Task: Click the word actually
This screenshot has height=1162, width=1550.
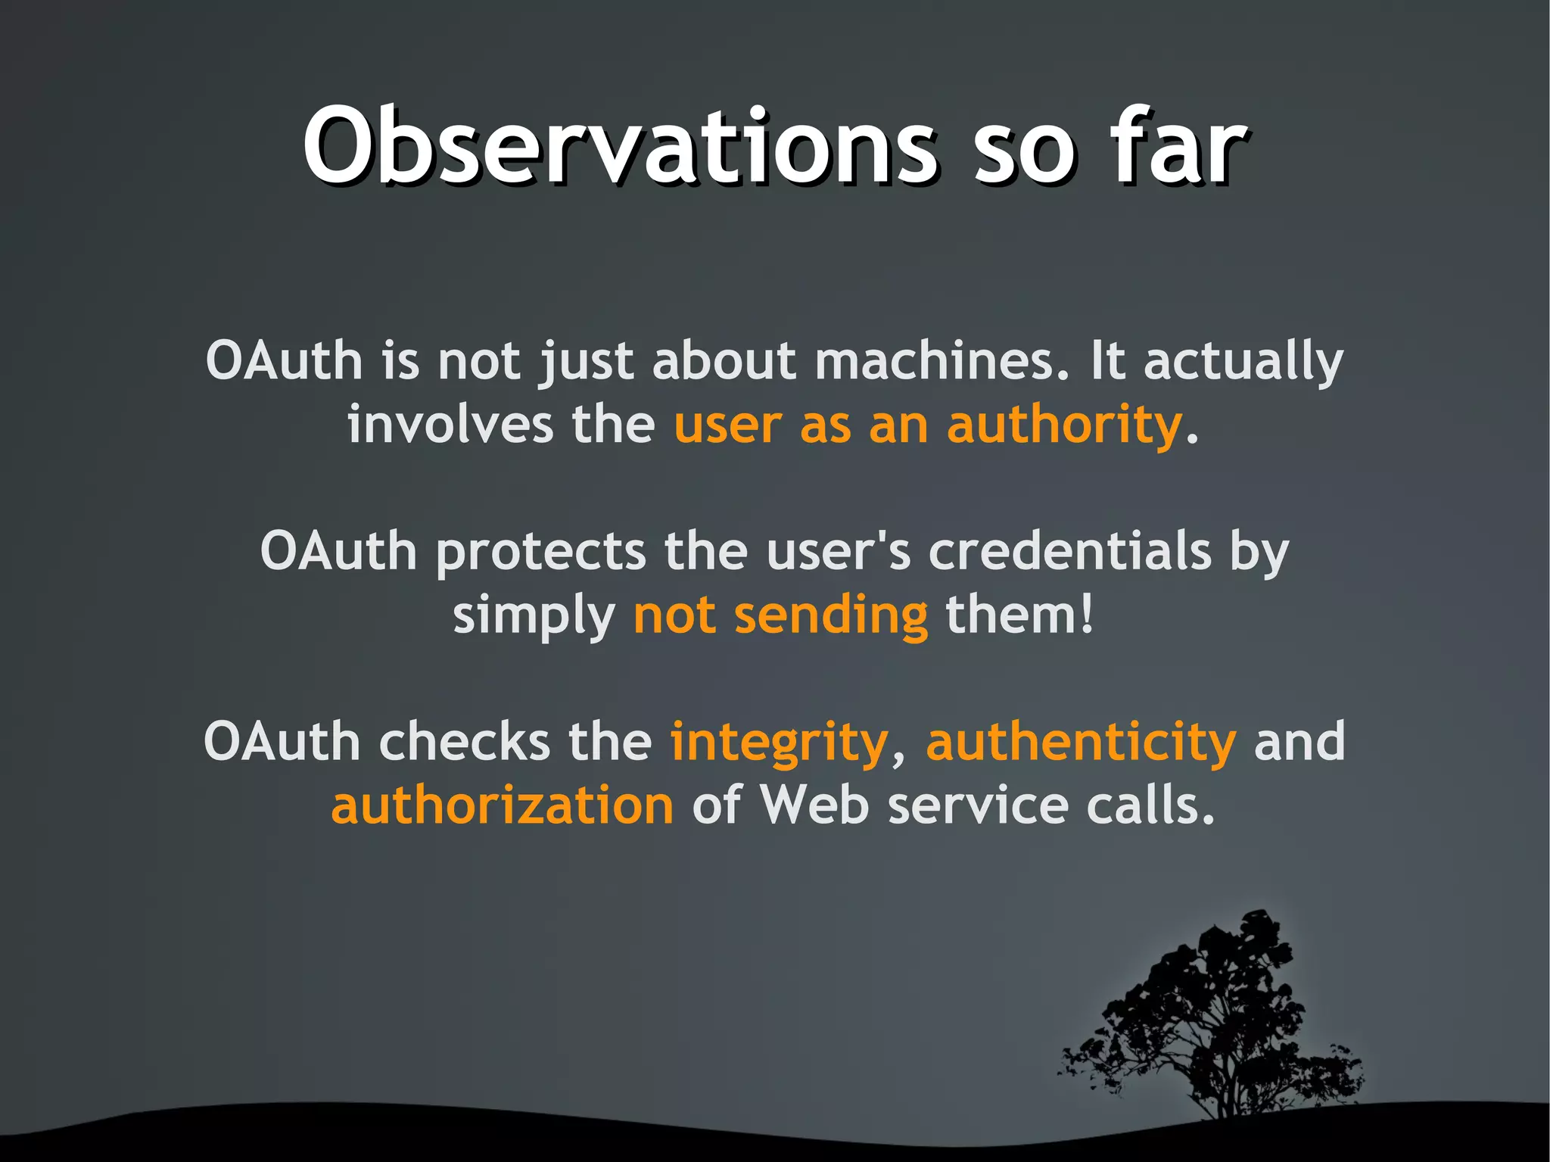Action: pyautogui.click(x=1243, y=362)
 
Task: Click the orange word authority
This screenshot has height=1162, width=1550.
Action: pyautogui.click(x=1063, y=425)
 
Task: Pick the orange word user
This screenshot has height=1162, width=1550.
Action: pyautogui.click(x=727, y=425)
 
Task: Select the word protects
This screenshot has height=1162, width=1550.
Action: pyautogui.click(x=540, y=553)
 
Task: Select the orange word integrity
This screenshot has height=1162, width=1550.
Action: pyautogui.click(x=779, y=743)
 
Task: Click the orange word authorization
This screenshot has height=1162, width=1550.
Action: pyautogui.click(x=502, y=805)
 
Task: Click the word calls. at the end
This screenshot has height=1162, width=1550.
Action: pyautogui.click(x=1150, y=805)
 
